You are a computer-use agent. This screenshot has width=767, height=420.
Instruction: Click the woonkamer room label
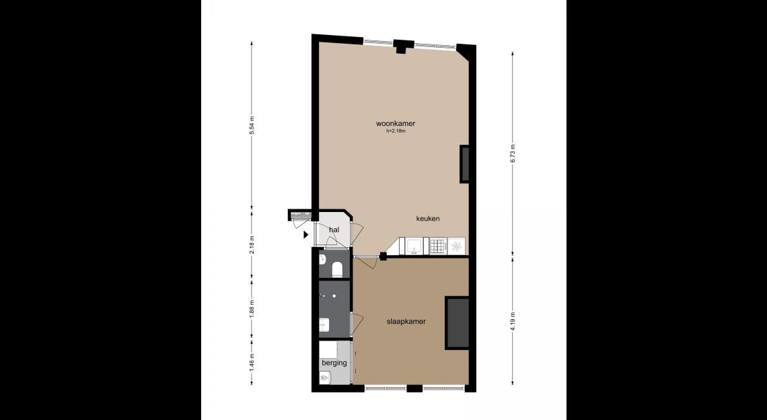pyautogui.click(x=395, y=123)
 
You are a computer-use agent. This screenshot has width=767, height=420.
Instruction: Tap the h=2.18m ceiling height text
pyautogui.click(x=395, y=131)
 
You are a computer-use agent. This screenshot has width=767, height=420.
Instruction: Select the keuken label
pyautogui.click(x=427, y=218)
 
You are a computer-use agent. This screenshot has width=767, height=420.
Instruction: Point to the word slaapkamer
pyautogui.click(x=406, y=322)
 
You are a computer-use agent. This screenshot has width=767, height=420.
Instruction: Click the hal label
pyautogui.click(x=334, y=230)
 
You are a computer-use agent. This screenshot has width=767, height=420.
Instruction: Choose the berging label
pyautogui.click(x=334, y=363)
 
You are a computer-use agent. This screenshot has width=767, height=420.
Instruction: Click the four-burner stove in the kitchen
pyautogui.click(x=437, y=246)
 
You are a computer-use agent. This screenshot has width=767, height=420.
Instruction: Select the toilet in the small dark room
pyautogui.click(x=336, y=269)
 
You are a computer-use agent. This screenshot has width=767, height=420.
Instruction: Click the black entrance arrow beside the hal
pyautogui.click(x=305, y=234)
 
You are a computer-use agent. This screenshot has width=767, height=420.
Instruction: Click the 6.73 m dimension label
pyautogui.click(x=513, y=153)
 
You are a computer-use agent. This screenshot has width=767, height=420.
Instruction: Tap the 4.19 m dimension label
pyautogui.click(x=513, y=321)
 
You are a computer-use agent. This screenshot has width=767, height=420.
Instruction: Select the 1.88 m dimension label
pyautogui.click(x=252, y=308)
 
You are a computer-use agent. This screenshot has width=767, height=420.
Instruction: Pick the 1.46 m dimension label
pyautogui.click(x=252, y=361)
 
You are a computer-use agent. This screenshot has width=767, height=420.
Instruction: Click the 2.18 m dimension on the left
pyautogui.click(x=252, y=244)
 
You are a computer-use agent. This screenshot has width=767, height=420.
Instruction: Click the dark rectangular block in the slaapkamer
pyautogui.click(x=458, y=322)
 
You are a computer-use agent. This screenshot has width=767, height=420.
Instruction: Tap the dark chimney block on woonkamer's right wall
pyautogui.click(x=465, y=164)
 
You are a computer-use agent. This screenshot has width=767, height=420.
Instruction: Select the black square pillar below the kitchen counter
pyautogui.click(x=383, y=256)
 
